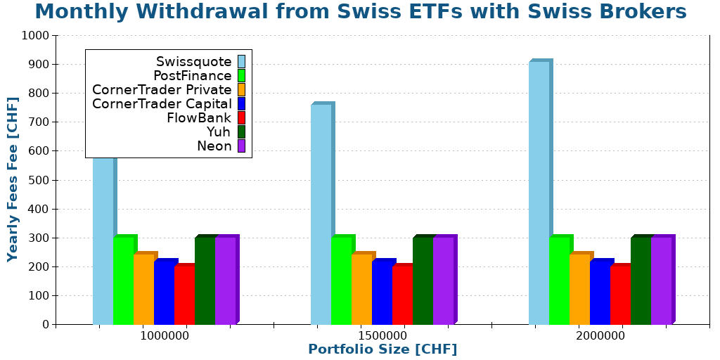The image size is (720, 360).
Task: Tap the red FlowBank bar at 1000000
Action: [184, 295]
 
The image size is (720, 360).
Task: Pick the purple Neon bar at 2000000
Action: [661, 281]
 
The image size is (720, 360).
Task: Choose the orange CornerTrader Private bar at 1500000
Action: [361, 289]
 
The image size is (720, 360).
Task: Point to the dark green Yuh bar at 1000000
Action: [205, 281]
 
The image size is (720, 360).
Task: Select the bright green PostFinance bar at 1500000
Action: [341, 281]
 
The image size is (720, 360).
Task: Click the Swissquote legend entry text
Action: [193, 62]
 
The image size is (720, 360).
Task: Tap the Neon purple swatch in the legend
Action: [241, 146]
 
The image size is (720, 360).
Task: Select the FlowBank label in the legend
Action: [199, 118]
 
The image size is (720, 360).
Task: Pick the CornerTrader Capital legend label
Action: [162, 104]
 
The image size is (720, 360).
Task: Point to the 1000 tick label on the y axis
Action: [35, 36]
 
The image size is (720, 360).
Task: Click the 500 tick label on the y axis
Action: [38, 180]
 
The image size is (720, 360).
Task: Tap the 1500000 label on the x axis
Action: [382, 335]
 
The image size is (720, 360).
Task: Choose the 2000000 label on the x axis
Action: [600, 335]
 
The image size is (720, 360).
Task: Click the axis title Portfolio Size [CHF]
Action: [382, 349]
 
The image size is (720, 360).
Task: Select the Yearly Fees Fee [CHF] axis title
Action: [13, 179]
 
